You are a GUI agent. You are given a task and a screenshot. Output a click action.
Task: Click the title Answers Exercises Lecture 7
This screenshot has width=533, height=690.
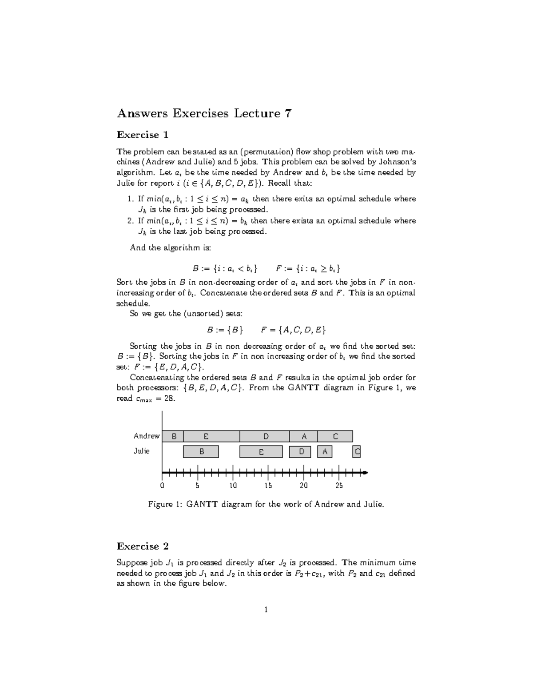click(x=204, y=114)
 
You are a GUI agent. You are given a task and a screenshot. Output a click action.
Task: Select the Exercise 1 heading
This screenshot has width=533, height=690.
click(x=143, y=135)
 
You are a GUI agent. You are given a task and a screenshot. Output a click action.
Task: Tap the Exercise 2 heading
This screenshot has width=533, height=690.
click(x=143, y=546)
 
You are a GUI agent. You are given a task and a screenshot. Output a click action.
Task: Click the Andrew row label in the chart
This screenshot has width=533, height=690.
click(x=147, y=436)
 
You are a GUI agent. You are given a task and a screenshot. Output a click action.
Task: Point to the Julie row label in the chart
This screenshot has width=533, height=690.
click(x=142, y=451)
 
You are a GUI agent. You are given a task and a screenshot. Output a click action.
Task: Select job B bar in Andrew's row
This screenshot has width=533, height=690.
click(x=173, y=436)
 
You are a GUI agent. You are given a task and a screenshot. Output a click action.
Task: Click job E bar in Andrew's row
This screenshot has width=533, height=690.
click(x=211, y=436)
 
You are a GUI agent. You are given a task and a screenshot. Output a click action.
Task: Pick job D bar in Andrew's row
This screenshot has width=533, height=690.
click(x=265, y=436)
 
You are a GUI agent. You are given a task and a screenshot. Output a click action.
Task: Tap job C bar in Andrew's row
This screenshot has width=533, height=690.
click(x=335, y=436)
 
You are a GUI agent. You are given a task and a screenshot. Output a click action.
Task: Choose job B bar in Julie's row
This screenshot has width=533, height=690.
click(x=201, y=452)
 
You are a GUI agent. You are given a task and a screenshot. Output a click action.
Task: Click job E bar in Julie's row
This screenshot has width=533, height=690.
click(x=261, y=452)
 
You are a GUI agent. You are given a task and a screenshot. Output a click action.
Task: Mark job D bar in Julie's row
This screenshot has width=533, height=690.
click(x=300, y=452)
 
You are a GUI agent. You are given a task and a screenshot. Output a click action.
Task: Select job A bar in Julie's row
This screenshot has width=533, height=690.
click(x=325, y=452)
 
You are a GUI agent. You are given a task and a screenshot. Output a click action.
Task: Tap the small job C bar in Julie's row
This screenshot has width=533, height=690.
click(x=357, y=452)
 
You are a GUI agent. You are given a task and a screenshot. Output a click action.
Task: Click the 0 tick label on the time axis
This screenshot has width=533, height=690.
click(x=163, y=486)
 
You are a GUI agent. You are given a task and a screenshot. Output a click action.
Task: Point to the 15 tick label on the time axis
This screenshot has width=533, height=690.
click(x=268, y=486)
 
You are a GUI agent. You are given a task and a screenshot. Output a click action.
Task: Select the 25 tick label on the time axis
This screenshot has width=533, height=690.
click(x=339, y=486)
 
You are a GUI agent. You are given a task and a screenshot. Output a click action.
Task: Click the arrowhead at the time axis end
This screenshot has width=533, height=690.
click(x=365, y=472)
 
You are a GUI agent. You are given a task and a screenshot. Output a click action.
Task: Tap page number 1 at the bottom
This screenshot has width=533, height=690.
click(x=266, y=610)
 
